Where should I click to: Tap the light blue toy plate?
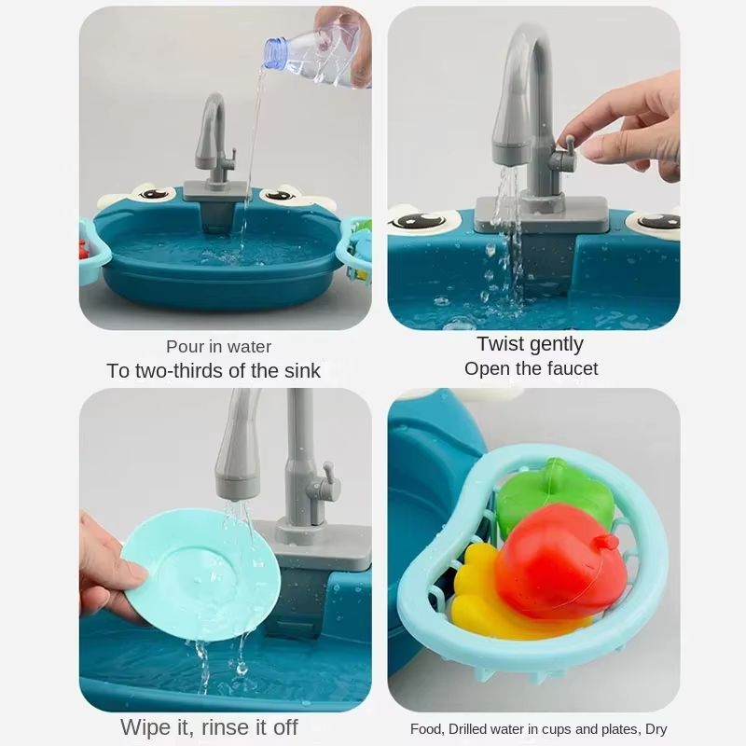tap(200, 573)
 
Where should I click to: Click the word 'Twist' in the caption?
tap(501, 344)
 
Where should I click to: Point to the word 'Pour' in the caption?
tap(185, 347)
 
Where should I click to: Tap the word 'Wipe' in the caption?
tap(145, 725)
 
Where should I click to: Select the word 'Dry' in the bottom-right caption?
tap(655, 729)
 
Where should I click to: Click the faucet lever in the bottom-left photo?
tap(325, 485)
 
